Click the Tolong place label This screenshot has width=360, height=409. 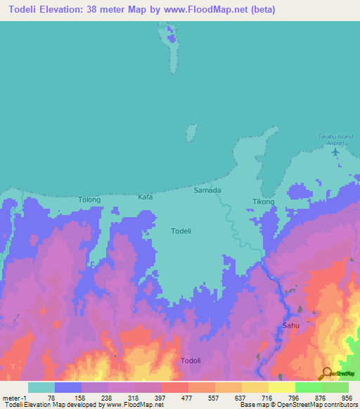point(89,200)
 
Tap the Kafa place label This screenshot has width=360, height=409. point(145,197)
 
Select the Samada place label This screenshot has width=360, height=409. point(207,190)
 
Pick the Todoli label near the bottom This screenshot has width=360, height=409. point(191,361)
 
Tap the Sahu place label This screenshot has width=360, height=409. point(290,326)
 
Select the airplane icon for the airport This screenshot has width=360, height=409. point(335,151)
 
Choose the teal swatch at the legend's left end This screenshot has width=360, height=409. point(41,387)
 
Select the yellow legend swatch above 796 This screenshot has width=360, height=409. point(282,387)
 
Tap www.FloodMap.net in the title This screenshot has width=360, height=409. point(212,10)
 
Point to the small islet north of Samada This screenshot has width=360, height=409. point(190,133)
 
